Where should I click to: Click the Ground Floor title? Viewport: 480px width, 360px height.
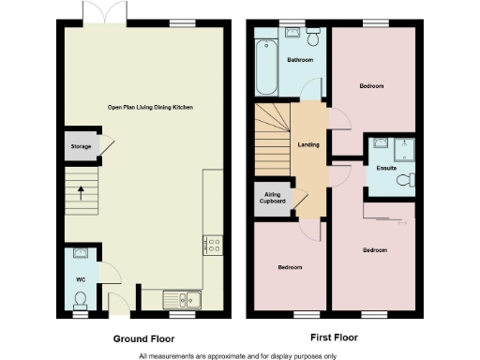click(x=142, y=337)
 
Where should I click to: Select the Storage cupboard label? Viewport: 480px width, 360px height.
click(x=80, y=146)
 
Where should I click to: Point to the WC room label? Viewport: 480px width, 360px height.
click(x=80, y=278)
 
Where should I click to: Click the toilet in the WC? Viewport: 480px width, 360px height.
click(x=81, y=299)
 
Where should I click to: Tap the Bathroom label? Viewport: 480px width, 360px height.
click(x=300, y=60)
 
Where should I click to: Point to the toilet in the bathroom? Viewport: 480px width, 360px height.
click(x=314, y=37)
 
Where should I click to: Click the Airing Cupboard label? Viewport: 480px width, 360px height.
click(x=272, y=200)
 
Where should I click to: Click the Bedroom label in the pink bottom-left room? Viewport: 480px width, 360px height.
click(x=290, y=267)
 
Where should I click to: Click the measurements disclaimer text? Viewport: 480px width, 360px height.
click(x=238, y=354)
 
